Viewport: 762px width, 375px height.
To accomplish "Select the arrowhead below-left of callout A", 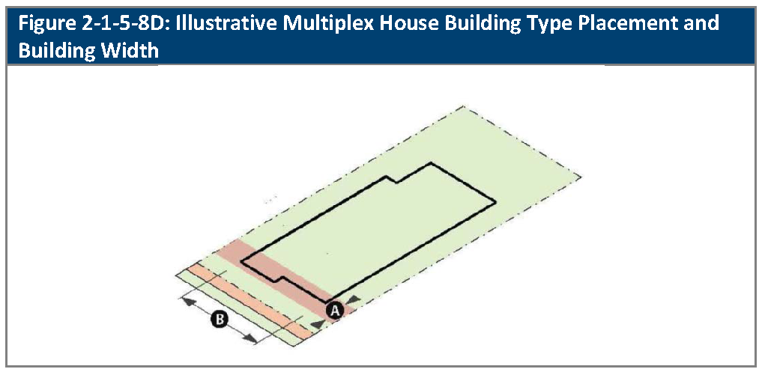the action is pyautogui.click(x=316, y=323).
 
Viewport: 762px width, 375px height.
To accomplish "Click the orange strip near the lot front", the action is pyautogui.click(x=250, y=301).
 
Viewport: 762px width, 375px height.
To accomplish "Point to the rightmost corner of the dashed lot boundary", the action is pyautogui.click(x=581, y=177).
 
